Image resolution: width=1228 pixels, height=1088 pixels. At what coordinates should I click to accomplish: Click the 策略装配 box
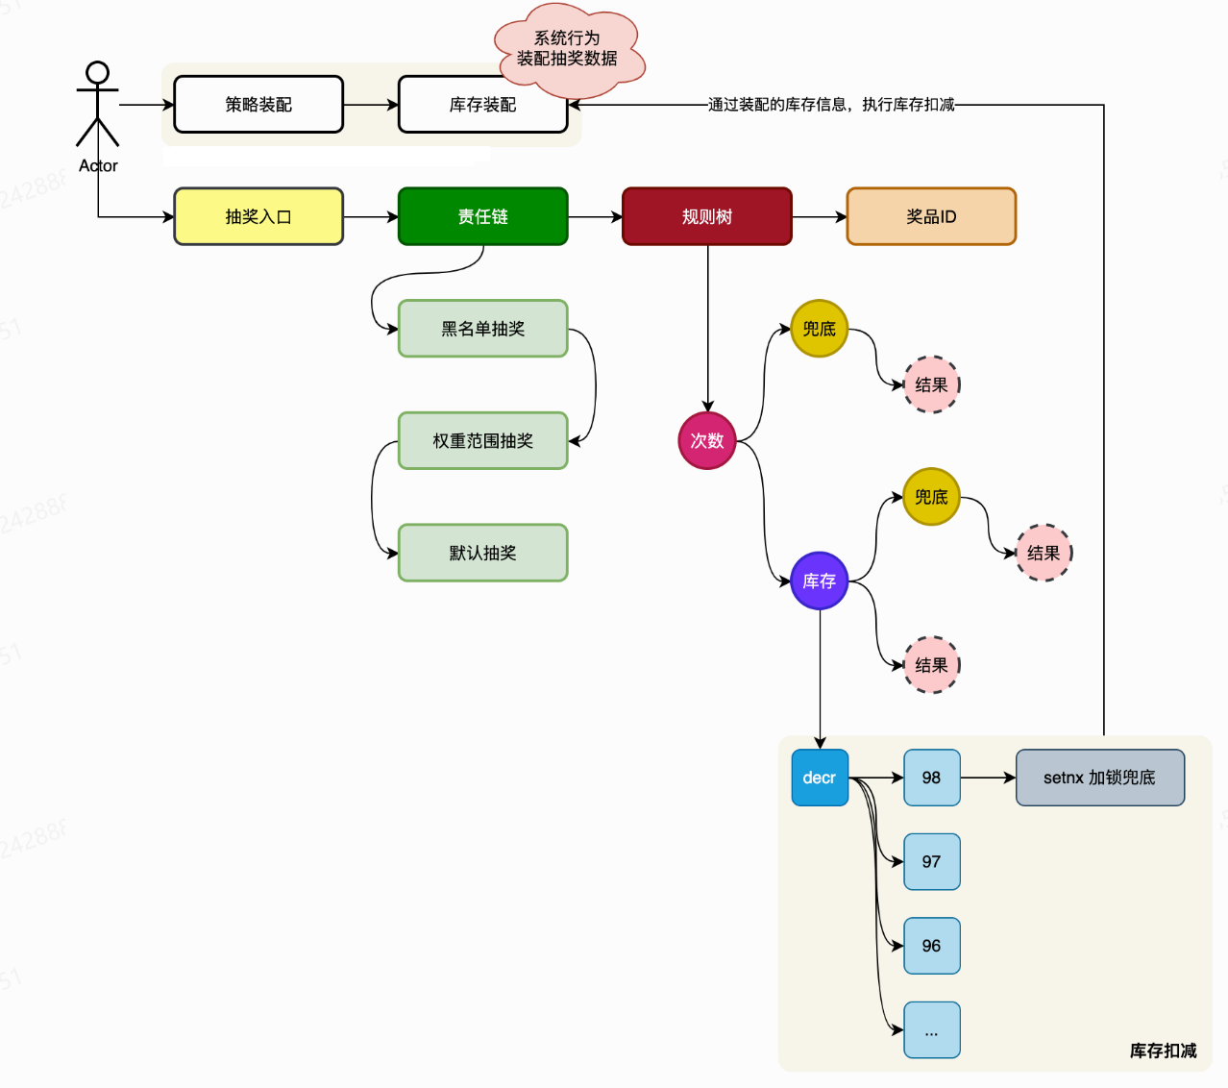pos(258,104)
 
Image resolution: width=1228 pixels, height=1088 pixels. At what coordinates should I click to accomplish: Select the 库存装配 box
pos(482,104)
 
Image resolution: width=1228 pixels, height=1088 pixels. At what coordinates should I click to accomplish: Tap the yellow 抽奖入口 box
pos(258,216)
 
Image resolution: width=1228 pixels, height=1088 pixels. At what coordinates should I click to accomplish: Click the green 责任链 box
pos(482,216)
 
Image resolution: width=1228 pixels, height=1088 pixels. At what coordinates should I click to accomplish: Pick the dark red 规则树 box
pos(707,216)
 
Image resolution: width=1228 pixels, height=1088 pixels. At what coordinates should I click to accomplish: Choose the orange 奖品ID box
pos(931,216)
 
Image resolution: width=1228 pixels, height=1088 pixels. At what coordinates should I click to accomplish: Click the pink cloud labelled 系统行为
pos(568,48)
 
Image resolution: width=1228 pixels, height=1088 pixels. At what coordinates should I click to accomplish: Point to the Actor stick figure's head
pos(97,73)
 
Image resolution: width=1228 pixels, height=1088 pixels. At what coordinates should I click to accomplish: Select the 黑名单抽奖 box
pos(482,329)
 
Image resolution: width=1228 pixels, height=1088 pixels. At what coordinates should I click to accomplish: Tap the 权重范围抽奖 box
pos(482,440)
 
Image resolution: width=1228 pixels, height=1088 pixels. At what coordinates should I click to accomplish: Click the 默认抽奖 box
pos(482,553)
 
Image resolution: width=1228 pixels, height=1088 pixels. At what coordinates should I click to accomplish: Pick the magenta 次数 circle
pos(707,440)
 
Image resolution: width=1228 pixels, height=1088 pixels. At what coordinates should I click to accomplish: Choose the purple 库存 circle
pos(820,581)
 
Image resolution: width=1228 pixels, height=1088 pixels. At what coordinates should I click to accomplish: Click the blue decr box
pos(820,778)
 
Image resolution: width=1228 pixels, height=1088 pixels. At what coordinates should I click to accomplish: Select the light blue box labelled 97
pos(931,861)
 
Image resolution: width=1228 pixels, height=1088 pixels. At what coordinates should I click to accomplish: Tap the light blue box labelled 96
pos(931,946)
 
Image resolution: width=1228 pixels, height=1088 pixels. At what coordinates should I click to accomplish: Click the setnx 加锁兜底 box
pos(1100,778)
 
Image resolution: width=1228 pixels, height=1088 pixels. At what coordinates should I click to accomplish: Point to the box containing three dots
pos(931,1029)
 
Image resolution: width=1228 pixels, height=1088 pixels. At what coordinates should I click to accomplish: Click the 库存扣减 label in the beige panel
pos(1163,1051)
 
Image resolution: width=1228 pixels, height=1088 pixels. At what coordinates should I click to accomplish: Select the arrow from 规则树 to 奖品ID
pos(819,217)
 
